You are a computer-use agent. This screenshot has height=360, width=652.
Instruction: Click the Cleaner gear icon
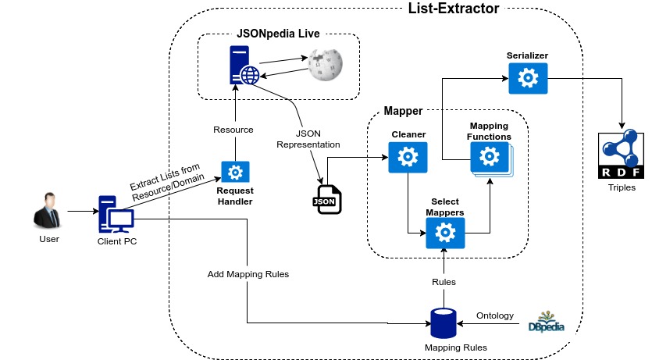coord(408,159)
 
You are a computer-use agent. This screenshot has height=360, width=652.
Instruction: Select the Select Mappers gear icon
coord(445,233)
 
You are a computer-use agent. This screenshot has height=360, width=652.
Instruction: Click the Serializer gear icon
coord(529,77)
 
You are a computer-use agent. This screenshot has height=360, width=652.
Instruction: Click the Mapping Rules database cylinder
coord(444,323)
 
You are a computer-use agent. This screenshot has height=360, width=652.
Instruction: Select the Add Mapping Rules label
coord(248,275)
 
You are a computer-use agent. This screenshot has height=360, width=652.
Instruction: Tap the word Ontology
coord(495,315)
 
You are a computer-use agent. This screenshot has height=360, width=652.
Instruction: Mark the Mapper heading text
coord(403,112)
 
